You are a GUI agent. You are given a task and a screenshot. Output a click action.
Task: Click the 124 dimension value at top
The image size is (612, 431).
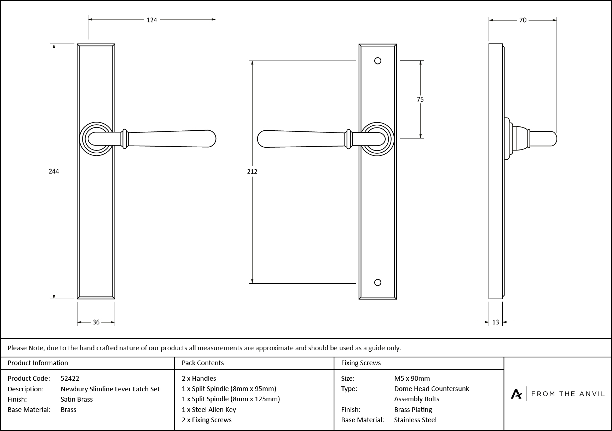pos(152,20)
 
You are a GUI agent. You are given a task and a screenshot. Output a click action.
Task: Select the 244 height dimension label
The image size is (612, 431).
pos(54,171)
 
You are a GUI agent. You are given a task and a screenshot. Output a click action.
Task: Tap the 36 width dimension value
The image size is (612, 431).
pos(96,322)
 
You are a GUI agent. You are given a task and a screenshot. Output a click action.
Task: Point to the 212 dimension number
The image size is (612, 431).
pos(252,172)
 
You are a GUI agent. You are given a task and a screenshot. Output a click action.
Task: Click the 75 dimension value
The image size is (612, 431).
pos(420,100)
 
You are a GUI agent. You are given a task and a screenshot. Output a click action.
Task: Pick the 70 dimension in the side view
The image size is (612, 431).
pos(523,20)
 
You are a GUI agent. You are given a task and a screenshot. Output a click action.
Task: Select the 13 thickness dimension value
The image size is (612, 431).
pos(495,322)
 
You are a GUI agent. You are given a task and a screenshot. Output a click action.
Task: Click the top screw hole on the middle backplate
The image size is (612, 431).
pos(377,61)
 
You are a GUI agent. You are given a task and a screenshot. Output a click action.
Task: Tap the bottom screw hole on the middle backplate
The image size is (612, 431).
pos(377,282)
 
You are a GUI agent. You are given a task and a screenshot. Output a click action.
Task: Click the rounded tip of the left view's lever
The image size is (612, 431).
pos(212,139)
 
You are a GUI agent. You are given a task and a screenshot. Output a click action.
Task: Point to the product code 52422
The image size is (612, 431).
pos(70,378)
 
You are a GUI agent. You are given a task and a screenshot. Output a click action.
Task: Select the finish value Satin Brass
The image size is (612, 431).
pos(76,399)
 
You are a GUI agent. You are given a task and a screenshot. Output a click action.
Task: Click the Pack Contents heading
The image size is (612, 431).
pos(202,363)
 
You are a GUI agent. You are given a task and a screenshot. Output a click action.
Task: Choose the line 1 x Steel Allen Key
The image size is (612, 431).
pos(209,410)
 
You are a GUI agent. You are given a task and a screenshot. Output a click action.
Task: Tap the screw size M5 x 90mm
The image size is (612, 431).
pos(412,378)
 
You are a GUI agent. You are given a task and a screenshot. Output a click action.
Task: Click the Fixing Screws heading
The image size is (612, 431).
pos(360,363)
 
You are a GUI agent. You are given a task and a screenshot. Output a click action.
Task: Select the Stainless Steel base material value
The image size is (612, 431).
pos(415,420)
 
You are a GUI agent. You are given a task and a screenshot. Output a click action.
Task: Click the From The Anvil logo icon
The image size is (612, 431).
pos(516,394)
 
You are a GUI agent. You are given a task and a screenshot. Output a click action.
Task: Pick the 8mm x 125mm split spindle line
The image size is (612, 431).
pos(231,399)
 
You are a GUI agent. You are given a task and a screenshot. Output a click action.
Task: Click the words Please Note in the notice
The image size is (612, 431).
pos(25,348)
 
